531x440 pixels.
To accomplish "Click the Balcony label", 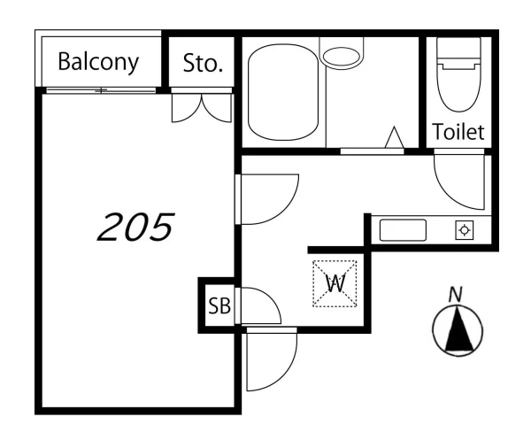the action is click(x=98, y=62).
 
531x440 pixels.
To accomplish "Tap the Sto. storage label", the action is click(x=203, y=64).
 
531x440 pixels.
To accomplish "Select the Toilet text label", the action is click(x=458, y=132).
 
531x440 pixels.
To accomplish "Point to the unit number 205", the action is click(x=136, y=227).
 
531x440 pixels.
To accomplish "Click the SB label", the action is click(x=219, y=305).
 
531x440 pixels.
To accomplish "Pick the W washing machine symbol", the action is click(x=335, y=284).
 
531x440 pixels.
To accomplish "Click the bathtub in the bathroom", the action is click(x=283, y=92).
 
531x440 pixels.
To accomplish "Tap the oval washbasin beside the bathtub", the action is click(x=341, y=57).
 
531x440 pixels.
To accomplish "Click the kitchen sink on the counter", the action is click(x=403, y=230).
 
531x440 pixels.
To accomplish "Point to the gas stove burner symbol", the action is click(x=465, y=230).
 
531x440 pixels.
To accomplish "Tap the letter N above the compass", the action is click(x=456, y=294).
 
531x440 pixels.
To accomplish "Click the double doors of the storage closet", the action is click(x=202, y=108).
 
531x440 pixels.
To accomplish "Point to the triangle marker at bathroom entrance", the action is click(x=394, y=137).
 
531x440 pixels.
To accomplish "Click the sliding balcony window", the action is click(x=101, y=90).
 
